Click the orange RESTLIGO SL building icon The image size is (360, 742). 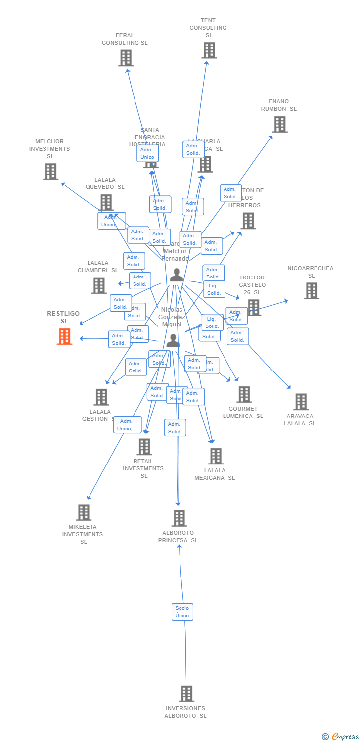point(64,337)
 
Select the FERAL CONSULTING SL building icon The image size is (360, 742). point(126,58)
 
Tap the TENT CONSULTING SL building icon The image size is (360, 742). point(209,50)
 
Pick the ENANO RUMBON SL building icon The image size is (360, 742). point(280,124)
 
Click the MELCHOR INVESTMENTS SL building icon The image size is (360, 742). point(50,172)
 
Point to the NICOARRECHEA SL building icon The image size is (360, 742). point(311,291)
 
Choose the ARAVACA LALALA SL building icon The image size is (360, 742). point(301,402)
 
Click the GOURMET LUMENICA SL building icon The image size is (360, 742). point(244,395)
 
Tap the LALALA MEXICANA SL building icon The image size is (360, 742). point(216,456)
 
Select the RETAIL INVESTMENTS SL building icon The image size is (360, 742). point(144,447)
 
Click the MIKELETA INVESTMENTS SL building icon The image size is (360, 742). point(84,512)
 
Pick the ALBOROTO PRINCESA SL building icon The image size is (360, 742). point(179,518)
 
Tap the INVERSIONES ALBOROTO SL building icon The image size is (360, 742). point(186,694)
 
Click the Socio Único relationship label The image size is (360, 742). point(182,612)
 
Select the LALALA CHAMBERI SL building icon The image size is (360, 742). point(99,285)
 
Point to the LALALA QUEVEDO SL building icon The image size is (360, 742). point(106,202)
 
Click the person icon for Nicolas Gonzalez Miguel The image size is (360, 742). point(173,340)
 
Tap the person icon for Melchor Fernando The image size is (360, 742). point(177,276)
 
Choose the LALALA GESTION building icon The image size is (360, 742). point(101,397)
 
